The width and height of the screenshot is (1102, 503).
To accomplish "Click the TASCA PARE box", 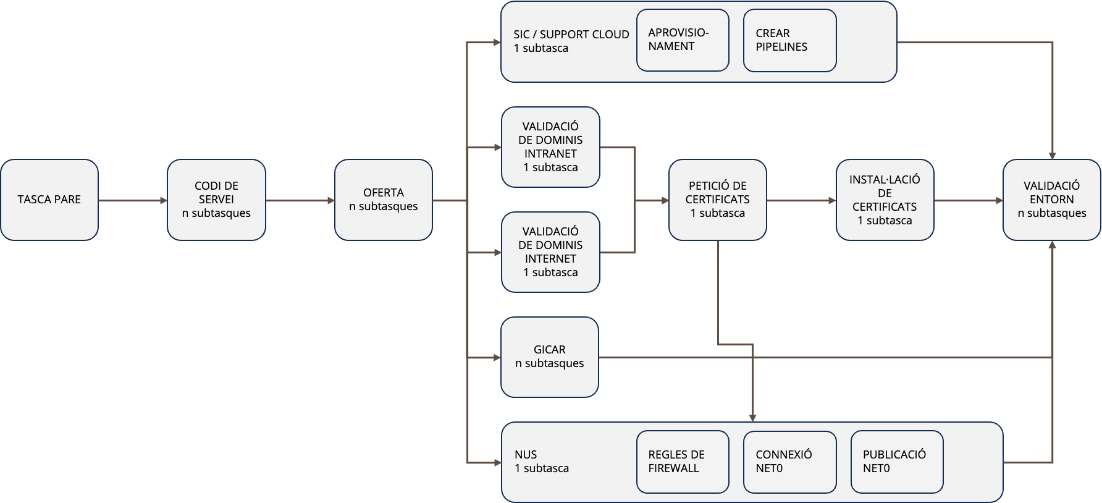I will click(49, 200).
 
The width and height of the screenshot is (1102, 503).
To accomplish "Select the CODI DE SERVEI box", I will click(216, 200).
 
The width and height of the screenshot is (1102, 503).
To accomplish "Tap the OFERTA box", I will click(383, 200).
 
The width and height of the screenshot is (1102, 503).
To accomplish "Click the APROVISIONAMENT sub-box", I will click(683, 40).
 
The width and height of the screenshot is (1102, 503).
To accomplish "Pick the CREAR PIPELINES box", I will click(789, 40).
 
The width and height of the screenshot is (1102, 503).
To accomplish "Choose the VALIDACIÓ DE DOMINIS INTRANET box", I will click(550, 147).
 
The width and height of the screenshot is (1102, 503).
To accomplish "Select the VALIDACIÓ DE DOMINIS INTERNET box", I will click(550, 252).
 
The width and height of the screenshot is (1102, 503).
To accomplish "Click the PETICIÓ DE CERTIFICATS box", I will click(717, 200).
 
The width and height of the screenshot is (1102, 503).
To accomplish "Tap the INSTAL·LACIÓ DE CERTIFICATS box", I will click(885, 200).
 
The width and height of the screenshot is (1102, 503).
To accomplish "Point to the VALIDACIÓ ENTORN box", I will click(1051, 200).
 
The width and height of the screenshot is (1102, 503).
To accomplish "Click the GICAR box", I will click(549, 357).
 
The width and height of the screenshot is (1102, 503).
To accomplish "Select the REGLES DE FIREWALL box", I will click(683, 462).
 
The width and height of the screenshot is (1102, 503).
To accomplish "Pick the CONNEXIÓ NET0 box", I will click(789, 462).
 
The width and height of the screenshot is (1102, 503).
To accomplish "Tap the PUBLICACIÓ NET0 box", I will click(896, 462).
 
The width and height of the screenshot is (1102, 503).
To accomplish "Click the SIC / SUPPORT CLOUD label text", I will click(571, 35).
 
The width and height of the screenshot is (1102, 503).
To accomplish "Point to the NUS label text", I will click(526, 455).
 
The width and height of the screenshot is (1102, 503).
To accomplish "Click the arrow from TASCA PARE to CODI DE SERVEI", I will click(133, 200).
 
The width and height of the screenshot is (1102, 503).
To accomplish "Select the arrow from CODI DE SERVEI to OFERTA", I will click(300, 200).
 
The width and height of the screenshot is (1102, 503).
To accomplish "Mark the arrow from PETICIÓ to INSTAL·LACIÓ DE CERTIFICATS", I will click(801, 200).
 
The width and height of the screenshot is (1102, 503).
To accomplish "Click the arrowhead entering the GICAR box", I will click(497, 357).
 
